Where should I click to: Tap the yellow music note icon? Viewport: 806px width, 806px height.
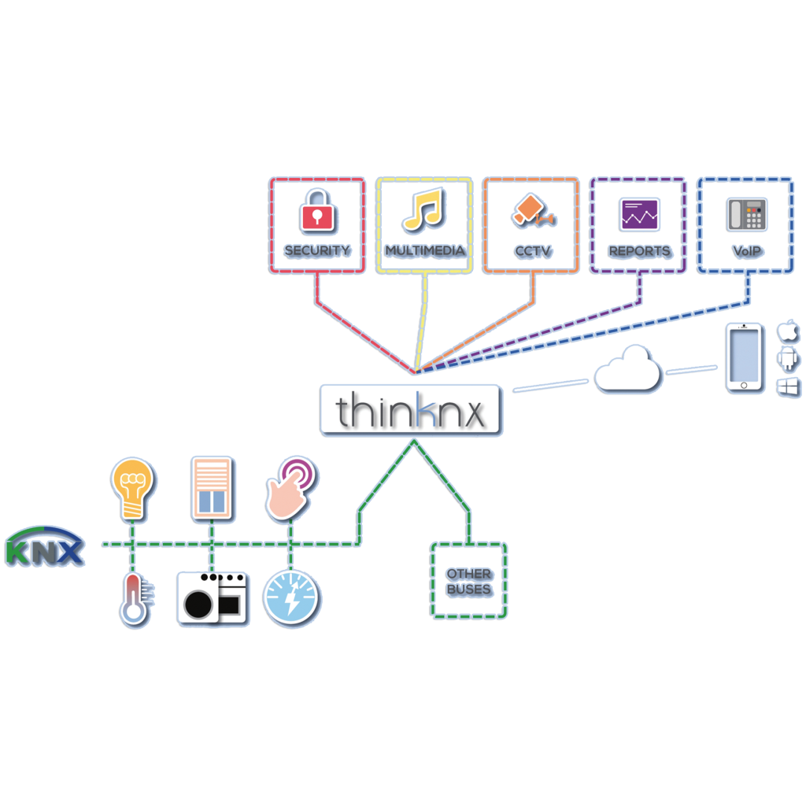pyautogui.click(x=424, y=210)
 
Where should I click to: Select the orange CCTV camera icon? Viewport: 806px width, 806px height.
pyautogui.click(x=530, y=210)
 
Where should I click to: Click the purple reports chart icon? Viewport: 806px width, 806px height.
pyautogui.click(x=639, y=213)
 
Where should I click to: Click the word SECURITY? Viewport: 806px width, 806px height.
pyautogui.click(x=316, y=251)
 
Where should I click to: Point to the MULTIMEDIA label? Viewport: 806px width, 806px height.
pyautogui.click(x=425, y=251)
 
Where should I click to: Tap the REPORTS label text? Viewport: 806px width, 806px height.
pyautogui.click(x=639, y=251)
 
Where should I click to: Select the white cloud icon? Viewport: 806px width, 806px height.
pyautogui.click(x=627, y=370)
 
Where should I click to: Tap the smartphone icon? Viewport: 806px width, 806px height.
pyautogui.click(x=744, y=359)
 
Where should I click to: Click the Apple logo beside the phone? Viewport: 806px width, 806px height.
pyautogui.click(x=788, y=331)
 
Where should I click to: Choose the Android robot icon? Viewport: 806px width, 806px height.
pyautogui.click(x=788, y=360)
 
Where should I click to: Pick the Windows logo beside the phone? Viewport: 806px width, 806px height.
pyautogui.click(x=788, y=387)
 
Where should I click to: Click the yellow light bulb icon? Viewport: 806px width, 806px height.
pyautogui.click(x=133, y=489)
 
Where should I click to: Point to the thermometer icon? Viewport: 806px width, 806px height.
pyautogui.click(x=135, y=599)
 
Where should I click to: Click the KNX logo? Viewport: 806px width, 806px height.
pyautogui.click(x=45, y=546)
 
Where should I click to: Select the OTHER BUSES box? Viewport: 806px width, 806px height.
pyautogui.click(x=469, y=581)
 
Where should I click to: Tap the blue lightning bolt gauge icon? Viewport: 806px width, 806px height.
pyautogui.click(x=292, y=599)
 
